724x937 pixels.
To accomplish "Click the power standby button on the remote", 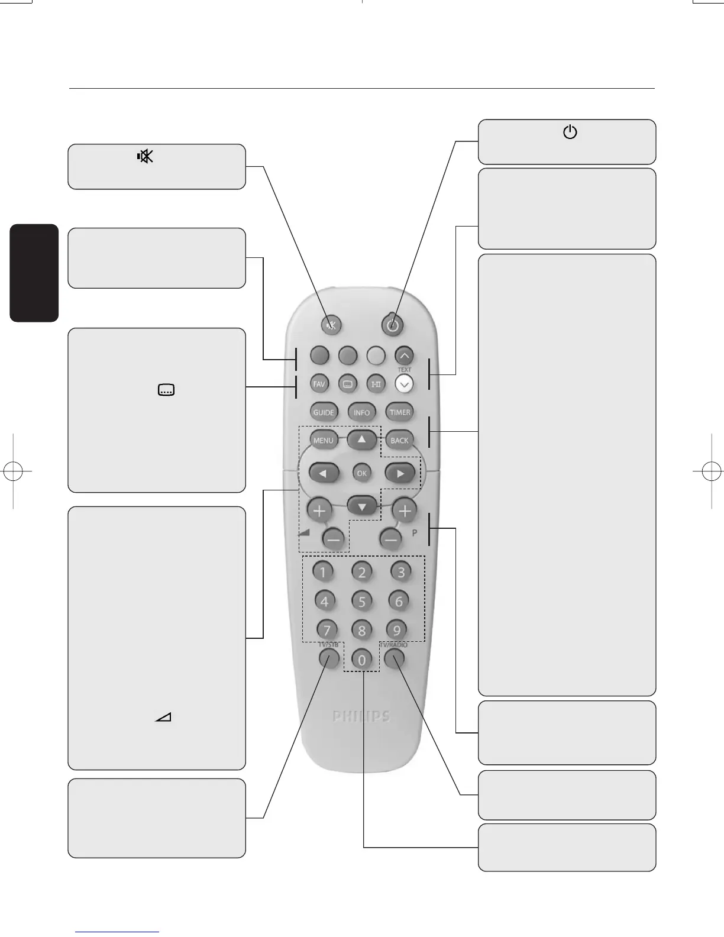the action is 393,324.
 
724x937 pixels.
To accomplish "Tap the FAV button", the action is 319,384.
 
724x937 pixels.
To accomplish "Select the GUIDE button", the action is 324,412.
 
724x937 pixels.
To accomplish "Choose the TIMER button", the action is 400,412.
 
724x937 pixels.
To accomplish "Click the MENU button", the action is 324,440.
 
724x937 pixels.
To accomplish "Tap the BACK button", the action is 399,440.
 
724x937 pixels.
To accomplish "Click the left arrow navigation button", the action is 324,473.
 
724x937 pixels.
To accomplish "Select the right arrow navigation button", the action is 400,473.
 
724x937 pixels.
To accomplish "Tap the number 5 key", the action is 362,602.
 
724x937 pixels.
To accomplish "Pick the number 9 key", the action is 396,630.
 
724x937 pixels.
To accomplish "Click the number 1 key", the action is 322,572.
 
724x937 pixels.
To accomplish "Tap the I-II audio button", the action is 376,384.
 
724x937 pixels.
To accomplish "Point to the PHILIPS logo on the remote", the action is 361,716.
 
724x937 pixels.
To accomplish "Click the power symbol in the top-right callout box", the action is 570,133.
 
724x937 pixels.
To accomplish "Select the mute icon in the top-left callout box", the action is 145,156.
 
